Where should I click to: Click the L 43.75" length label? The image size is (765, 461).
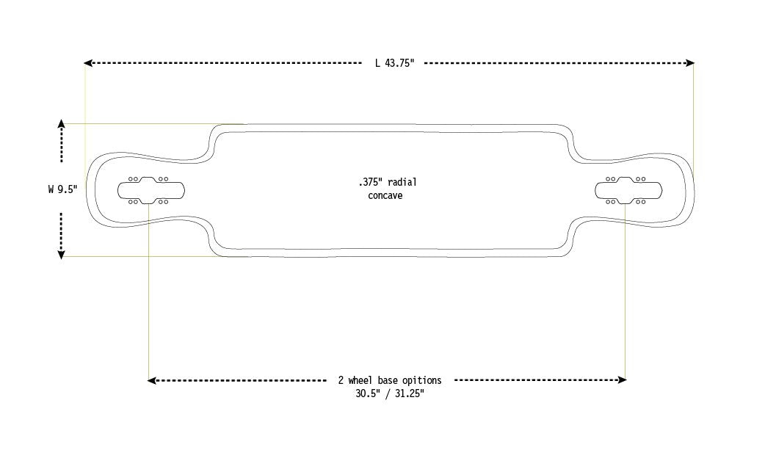(x=394, y=63)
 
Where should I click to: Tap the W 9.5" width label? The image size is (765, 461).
(x=62, y=189)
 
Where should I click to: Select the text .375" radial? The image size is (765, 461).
(x=388, y=182)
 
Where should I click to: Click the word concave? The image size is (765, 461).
(x=385, y=195)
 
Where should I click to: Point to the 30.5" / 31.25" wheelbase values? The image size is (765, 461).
(x=389, y=393)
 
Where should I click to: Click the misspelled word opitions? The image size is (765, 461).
(x=421, y=380)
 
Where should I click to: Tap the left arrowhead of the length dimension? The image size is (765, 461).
(x=88, y=63)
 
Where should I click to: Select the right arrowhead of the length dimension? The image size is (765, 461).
(x=689, y=63)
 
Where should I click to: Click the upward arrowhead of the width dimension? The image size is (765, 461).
(x=62, y=123)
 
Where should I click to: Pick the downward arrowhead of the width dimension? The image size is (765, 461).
(x=62, y=254)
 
